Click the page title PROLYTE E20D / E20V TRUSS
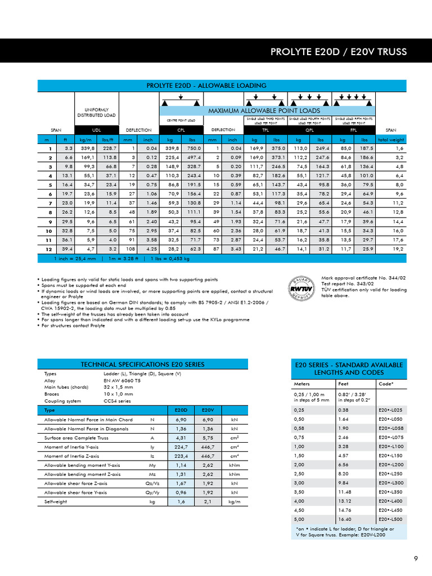tap(339, 52)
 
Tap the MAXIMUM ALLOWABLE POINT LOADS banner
tap(265, 111)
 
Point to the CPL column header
tap(182, 129)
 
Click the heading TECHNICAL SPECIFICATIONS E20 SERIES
tap(142, 364)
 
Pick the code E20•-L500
tap(390, 519)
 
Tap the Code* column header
tap(387, 384)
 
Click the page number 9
tap(416, 559)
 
